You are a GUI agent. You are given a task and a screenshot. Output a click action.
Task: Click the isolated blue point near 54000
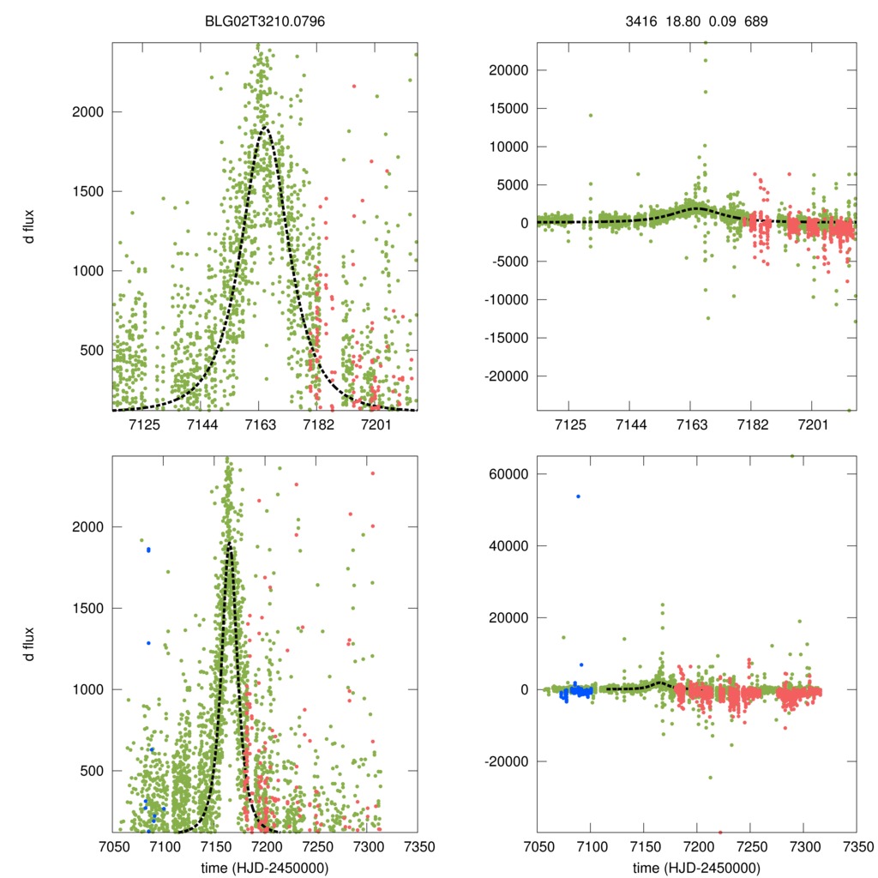point(578,496)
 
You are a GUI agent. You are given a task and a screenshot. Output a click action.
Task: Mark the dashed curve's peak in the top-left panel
point(265,129)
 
